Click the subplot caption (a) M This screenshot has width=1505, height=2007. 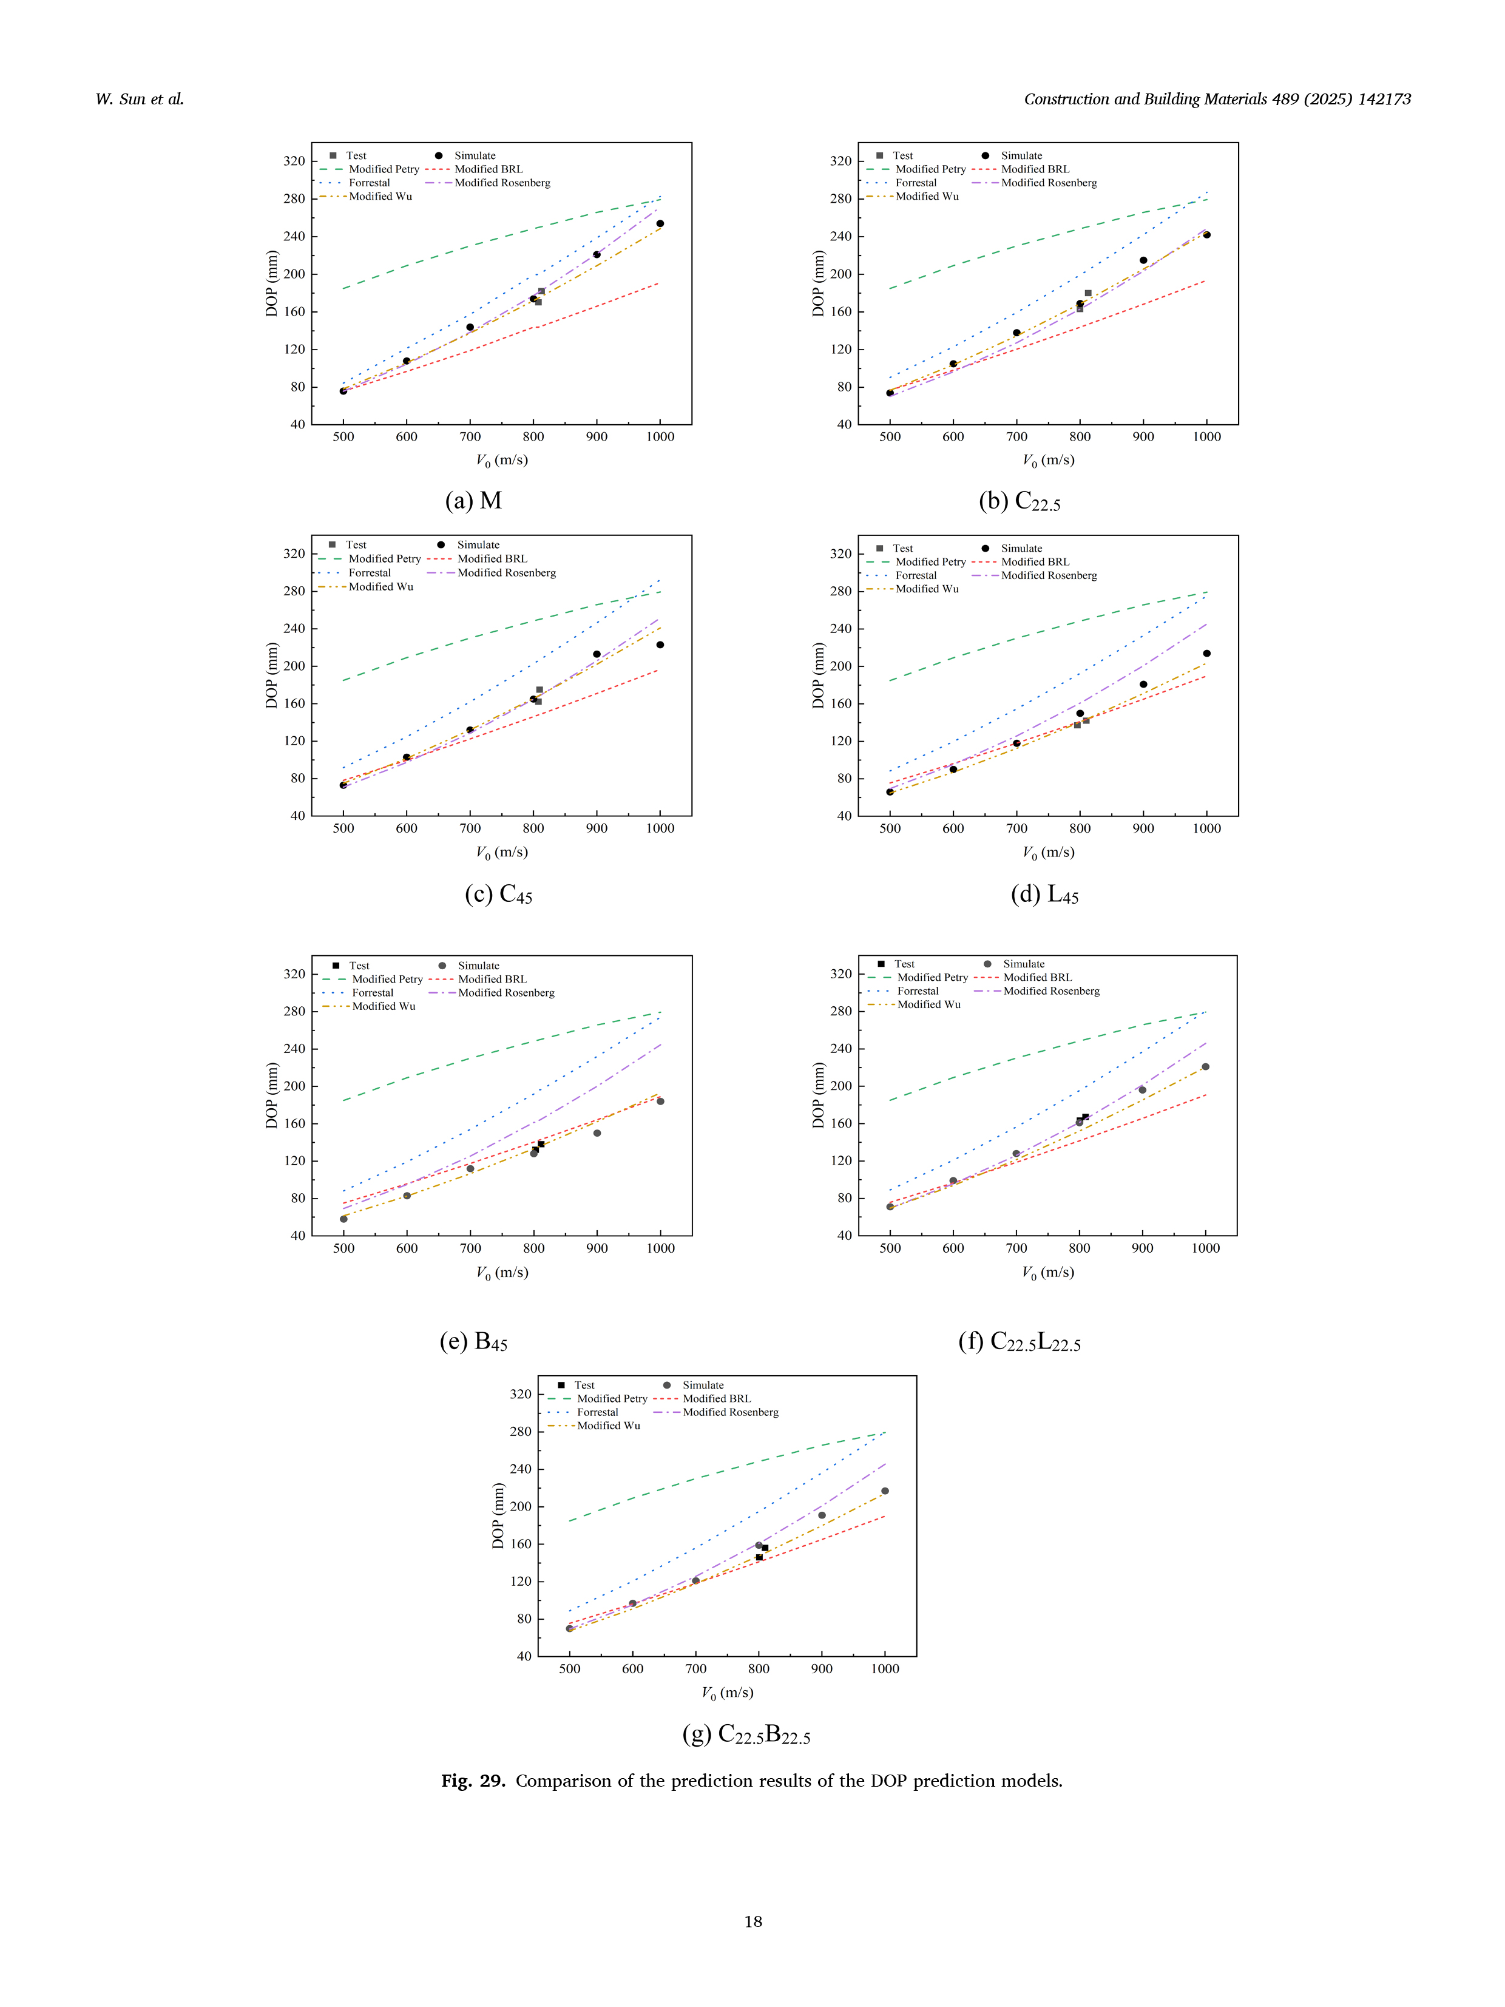click(x=473, y=501)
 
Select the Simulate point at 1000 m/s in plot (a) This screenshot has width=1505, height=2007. click(x=660, y=223)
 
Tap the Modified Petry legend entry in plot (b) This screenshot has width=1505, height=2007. click(x=930, y=169)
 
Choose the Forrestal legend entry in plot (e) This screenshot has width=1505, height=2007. click(x=372, y=993)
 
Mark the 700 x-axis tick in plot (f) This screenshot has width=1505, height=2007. click(x=1016, y=1248)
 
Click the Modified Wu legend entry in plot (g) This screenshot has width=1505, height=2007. click(x=608, y=1426)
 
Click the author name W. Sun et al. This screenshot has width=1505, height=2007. click(x=140, y=100)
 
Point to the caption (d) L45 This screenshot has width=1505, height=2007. click(x=1044, y=895)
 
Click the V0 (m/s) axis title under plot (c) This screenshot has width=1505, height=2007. click(x=502, y=852)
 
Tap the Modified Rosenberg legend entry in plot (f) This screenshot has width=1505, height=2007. click(x=1050, y=991)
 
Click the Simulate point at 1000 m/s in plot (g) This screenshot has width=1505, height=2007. click(x=885, y=1491)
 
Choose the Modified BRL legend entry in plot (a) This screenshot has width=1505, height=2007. click(x=488, y=169)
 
